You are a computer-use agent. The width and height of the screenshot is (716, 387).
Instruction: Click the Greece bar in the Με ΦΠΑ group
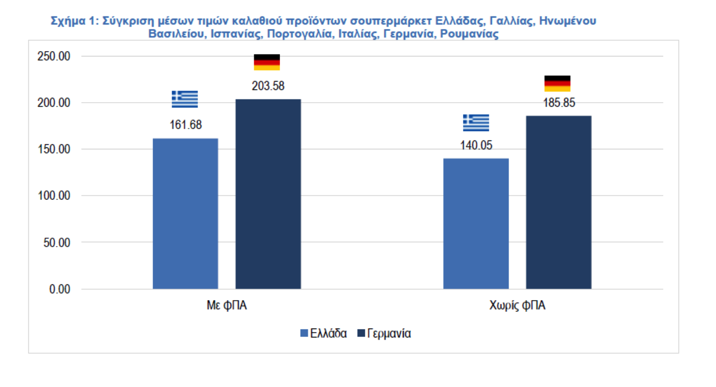185,214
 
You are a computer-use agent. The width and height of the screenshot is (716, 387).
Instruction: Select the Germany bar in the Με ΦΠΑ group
268,194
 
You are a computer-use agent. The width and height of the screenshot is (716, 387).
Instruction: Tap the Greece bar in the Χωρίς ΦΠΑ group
476,223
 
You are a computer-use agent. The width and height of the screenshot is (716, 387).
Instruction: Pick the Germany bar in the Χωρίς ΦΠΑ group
559,202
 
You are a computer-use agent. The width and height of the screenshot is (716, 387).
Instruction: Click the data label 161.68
186,125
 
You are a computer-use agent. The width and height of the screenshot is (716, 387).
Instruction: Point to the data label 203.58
268,86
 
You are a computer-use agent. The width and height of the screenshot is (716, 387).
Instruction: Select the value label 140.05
476,145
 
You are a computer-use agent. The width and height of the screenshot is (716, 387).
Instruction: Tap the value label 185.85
558,103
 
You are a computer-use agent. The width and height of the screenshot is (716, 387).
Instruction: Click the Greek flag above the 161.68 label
185,99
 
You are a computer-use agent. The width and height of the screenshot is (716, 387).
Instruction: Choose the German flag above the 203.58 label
267,62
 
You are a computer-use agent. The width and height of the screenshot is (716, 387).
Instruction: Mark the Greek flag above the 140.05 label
476,123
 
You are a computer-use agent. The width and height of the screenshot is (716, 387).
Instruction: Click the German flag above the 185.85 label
558,83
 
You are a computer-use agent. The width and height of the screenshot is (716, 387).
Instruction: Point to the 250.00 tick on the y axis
54,56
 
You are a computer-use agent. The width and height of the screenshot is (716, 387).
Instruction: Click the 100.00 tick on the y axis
54,196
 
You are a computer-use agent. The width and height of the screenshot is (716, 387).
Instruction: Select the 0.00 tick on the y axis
59,289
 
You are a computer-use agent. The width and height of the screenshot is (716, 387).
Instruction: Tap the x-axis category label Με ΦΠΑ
227,306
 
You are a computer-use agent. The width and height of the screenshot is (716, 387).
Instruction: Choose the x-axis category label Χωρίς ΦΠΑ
517,306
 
